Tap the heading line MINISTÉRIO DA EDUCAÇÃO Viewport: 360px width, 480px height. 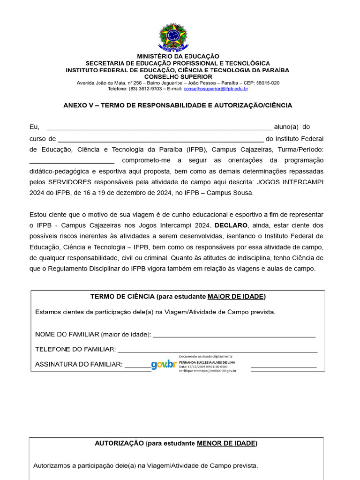tap(178, 56)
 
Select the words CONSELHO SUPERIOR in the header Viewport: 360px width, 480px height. tap(178, 76)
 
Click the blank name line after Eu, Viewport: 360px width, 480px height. tap(159, 127)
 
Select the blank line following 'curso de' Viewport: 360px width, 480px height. tap(161, 139)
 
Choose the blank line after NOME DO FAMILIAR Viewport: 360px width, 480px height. tap(234, 335)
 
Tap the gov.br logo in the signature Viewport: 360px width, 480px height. tap(164, 364)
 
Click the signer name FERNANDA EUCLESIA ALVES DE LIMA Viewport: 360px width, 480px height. tap(207, 362)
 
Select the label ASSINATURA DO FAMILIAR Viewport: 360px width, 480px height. tap(79, 365)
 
